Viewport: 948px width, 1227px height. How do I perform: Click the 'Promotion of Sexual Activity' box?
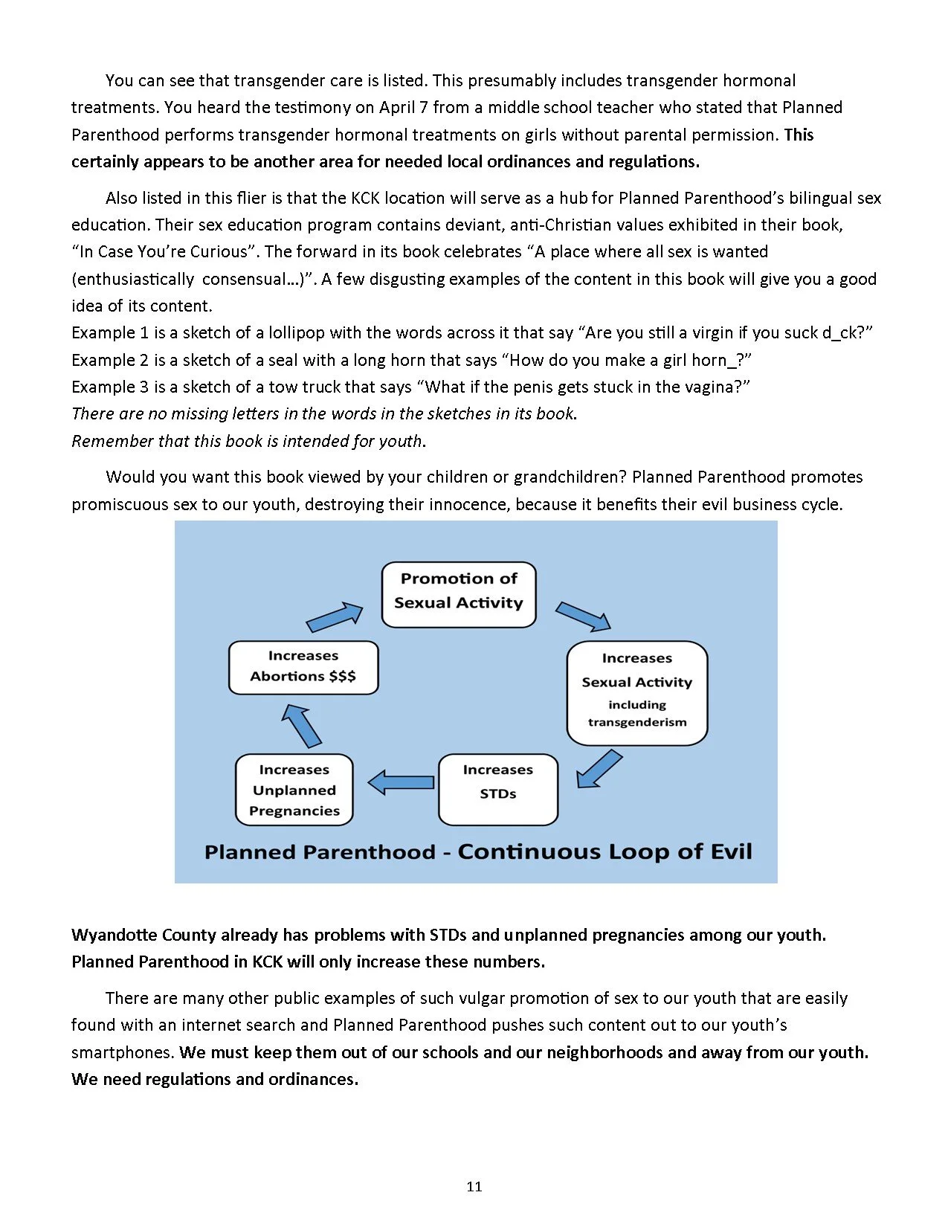pyautogui.click(x=459, y=594)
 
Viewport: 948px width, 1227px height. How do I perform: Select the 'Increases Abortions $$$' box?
pyautogui.click(x=303, y=667)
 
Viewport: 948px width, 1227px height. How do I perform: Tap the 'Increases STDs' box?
pyautogui.click(x=497, y=789)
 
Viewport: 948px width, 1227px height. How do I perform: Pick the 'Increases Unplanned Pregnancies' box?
pyautogui.click(x=294, y=790)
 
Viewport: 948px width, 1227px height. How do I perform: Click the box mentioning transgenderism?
pyautogui.click(x=636, y=692)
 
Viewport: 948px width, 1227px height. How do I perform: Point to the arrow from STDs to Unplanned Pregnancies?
pyautogui.click(x=401, y=782)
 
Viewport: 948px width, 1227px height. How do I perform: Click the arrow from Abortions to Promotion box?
pyautogui.click(x=334, y=617)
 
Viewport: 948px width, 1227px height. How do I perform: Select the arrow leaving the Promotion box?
pyautogui.click(x=583, y=616)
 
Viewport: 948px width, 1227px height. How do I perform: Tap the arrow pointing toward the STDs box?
pyautogui.click(x=599, y=769)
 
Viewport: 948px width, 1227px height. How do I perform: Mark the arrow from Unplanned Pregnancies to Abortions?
pyautogui.click(x=301, y=725)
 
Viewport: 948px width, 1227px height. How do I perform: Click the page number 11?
pyautogui.click(x=474, y=1186)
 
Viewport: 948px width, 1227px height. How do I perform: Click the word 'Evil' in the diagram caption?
pyautogui.click(x=731, y=851)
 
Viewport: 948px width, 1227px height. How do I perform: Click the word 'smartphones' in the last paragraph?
pyautogui.click(x=123, y=1052)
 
